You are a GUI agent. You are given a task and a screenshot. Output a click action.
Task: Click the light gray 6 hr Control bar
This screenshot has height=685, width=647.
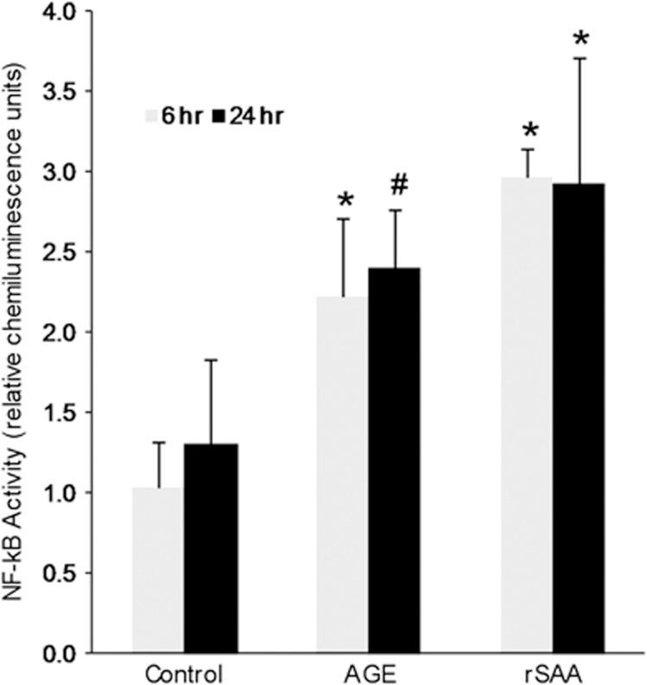(x=157, y=571)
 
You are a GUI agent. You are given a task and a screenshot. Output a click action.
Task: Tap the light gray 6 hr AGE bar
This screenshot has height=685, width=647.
(x=343, y=475)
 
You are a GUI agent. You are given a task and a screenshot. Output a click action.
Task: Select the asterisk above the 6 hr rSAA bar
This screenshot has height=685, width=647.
(x=529, y=132)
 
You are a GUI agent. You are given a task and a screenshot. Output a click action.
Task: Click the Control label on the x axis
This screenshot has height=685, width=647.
(x=184, y=674)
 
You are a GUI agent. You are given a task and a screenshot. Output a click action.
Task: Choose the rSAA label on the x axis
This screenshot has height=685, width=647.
(x=554, y=674)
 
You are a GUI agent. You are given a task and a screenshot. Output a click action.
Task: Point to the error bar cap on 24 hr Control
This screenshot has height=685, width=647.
(x=210, y=360)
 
